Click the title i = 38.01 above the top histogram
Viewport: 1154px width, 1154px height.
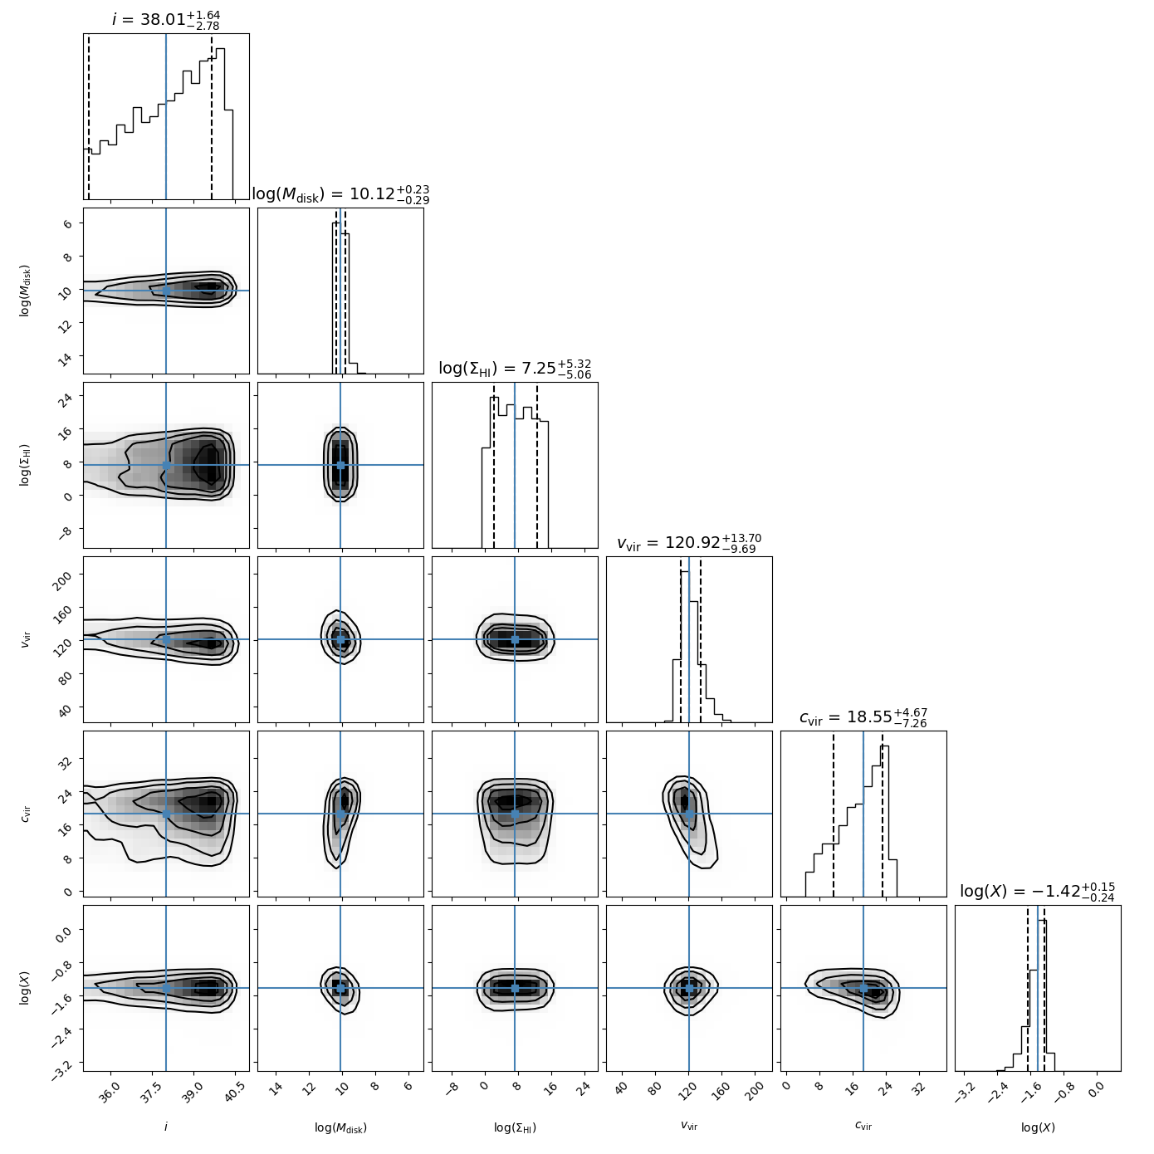coord(166,19)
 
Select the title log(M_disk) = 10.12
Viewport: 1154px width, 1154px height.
coord(340,194)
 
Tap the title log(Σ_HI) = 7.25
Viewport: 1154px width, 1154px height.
coord(515,369)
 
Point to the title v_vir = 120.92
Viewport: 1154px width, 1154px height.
coord(689,543)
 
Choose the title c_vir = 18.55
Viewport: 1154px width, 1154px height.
coord(863,717)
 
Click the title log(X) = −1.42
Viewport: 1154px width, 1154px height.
coord(1038,892)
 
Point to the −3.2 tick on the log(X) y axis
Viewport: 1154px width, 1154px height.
coord(63,1064)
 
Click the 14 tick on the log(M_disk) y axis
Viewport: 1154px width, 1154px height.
coord(66,356)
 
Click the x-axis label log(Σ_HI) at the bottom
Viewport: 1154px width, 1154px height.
coord(515,1127)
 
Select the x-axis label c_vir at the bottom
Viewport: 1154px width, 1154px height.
coord(863,1127)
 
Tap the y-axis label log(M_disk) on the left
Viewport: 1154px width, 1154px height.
coord(26,291)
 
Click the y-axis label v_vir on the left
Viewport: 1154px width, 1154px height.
coord(26,639)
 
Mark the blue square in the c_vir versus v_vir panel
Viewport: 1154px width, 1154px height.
coord(689,814)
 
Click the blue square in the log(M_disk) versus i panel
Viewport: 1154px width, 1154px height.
coord(166,291)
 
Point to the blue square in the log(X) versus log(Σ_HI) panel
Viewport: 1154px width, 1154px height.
coord(515,988)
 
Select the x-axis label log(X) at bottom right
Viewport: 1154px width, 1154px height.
coord(1038,1127)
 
